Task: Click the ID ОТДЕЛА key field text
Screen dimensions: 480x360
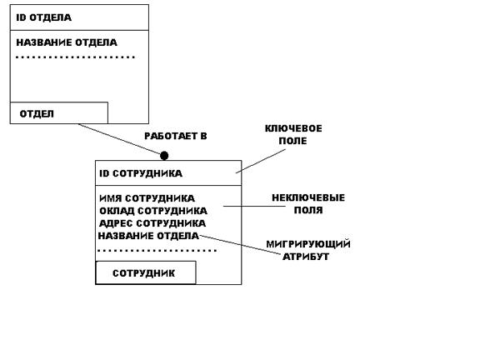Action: pyautogui.click(x=44, y=17)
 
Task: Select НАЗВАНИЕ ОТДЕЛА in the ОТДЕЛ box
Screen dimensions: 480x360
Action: pyautogui.click(x=67, y=42)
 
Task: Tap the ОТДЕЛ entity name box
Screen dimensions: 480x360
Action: pyautogui.click(x=59, y=113)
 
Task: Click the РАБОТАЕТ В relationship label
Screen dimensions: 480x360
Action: pyautogui.click(x=176, y=136)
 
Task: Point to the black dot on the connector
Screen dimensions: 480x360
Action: pyautogui.click(x=164, y=156)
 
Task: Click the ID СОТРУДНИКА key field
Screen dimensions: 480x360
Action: pyautogui.click(x=141, y=173)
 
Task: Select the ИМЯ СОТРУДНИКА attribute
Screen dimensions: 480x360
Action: pyautogui.click(x=147, y=198)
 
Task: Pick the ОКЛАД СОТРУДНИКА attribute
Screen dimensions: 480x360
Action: pyautogui.click(x=153, y=211)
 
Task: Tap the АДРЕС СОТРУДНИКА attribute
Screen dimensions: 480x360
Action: pyautogui.click(x=152, y=223)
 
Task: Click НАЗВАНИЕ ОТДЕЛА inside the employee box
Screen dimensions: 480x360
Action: pyautogui.click(x=148, y=236)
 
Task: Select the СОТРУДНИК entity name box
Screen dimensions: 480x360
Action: pyautogui.click(x=146, y=272)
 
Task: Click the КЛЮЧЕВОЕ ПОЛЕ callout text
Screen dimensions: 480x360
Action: pyautogui.click(x=293, y=135)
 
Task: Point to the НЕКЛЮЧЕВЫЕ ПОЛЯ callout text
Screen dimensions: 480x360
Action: pyautogui.click(x=308, y=204)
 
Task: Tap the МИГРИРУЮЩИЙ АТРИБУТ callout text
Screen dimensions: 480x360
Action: pyautogui.click(x=308, y=250)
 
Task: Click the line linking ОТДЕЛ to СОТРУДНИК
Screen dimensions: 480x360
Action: pyautogui.click(x=119, y=139)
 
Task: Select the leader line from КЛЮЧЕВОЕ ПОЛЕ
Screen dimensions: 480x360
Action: pyautogui.click(x=261, y=162)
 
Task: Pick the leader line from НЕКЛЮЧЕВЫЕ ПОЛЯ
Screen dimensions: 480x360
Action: pyautogui.click(x=254, y=206)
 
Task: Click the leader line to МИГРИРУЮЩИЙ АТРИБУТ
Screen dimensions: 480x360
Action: pyautogui.click(x=240, y=245)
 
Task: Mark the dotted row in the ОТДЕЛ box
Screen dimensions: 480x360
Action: pyautogui.click(x=75, y=57)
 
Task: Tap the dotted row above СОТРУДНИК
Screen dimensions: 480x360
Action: pyautogui.click(x=157, y=251)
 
